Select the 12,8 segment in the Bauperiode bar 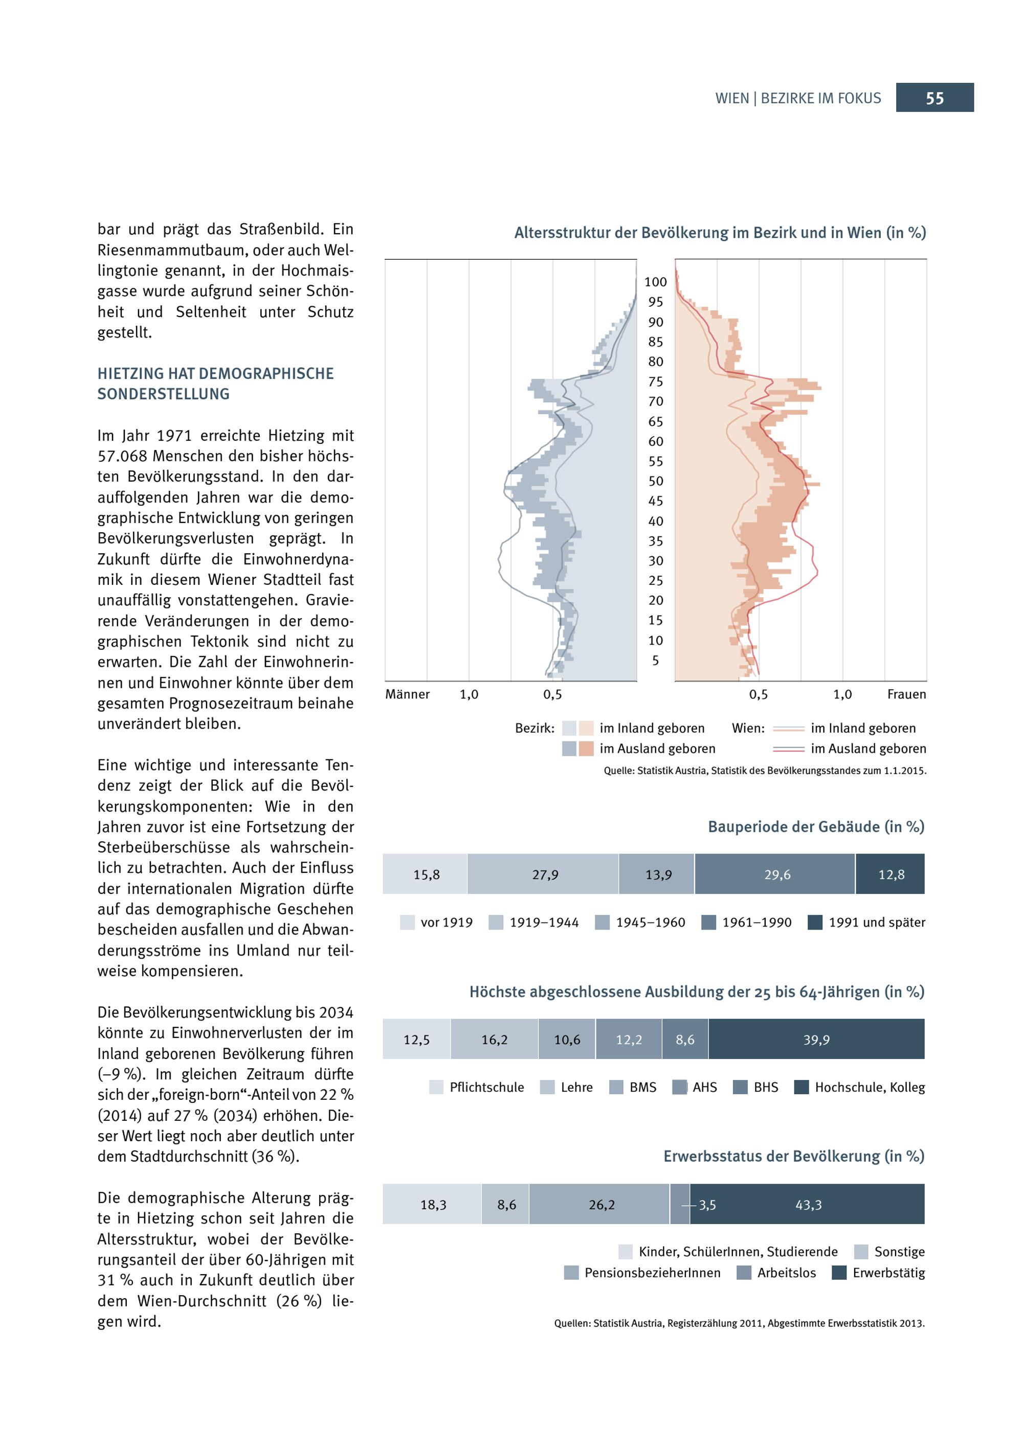(890, 874)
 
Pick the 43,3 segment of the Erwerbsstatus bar (808, 1204)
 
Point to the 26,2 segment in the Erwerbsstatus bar (601, 1204)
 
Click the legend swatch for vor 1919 (408, 922)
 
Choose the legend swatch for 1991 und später (815, 922)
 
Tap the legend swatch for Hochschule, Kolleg (802, 1087)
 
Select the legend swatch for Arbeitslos (744, 1273)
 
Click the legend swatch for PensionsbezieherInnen (571, 1273)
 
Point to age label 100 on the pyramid (655, 282)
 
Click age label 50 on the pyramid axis (655, 481)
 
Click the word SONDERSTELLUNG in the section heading (163, 394)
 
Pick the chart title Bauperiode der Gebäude (816, 826)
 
